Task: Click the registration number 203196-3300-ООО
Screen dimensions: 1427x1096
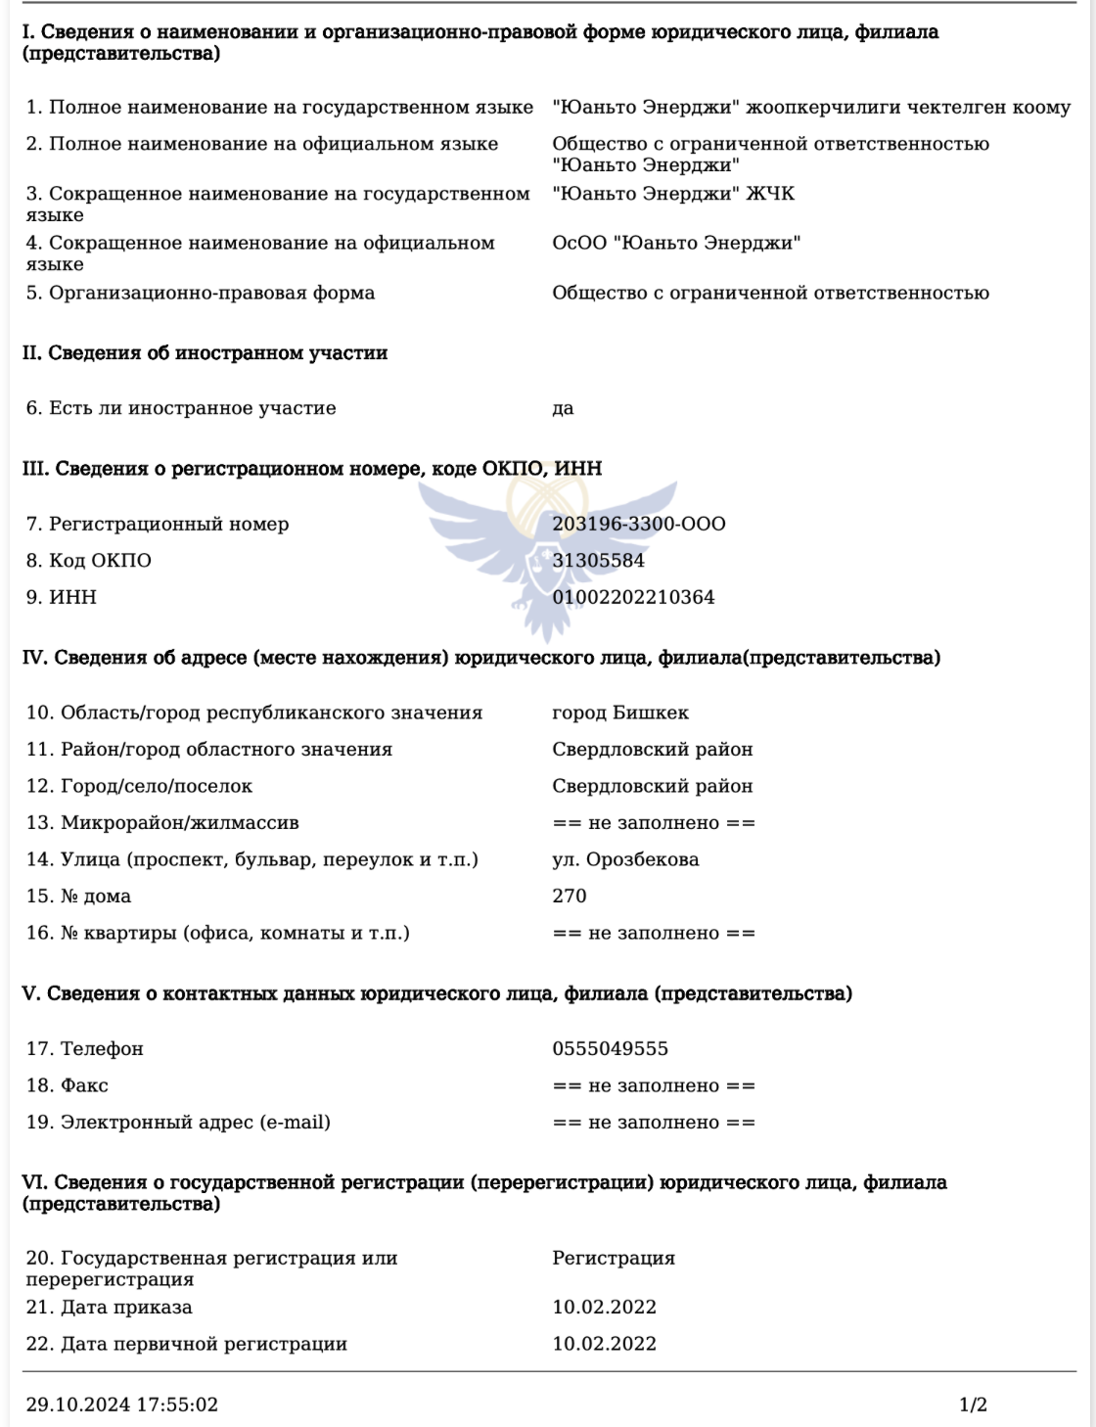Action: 639,524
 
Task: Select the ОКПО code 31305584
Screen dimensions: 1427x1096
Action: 598,561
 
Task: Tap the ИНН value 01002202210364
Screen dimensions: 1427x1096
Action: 633,597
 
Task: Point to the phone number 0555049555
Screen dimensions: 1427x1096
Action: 610,1049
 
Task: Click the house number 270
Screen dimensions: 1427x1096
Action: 570,897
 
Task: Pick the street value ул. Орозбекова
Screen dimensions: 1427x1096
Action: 625,860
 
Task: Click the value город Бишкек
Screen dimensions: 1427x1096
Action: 620,713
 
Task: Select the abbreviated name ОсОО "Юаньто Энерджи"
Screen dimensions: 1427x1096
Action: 676,243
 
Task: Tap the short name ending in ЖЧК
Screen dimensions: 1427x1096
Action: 673,194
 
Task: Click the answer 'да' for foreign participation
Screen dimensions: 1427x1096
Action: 563,409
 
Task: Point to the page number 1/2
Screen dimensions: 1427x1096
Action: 973,1405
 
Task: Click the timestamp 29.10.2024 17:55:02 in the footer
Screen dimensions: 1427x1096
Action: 122,1405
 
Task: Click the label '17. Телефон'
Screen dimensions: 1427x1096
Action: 85,1049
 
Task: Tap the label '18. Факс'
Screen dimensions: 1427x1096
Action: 68,1085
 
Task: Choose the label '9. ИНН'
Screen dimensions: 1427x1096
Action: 62,597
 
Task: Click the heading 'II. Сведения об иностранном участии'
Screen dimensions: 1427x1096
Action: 205,353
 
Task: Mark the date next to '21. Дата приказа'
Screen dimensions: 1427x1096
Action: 604,1308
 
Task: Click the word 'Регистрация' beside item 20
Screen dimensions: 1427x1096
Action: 614,1259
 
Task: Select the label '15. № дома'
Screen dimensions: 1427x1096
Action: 78,897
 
